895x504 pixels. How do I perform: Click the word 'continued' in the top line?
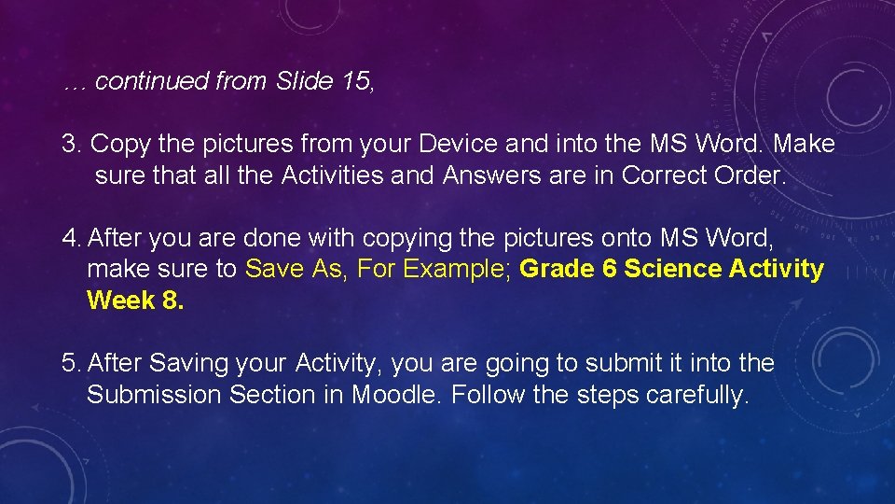coord(152,81)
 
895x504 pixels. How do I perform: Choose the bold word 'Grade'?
coord(556,270)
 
